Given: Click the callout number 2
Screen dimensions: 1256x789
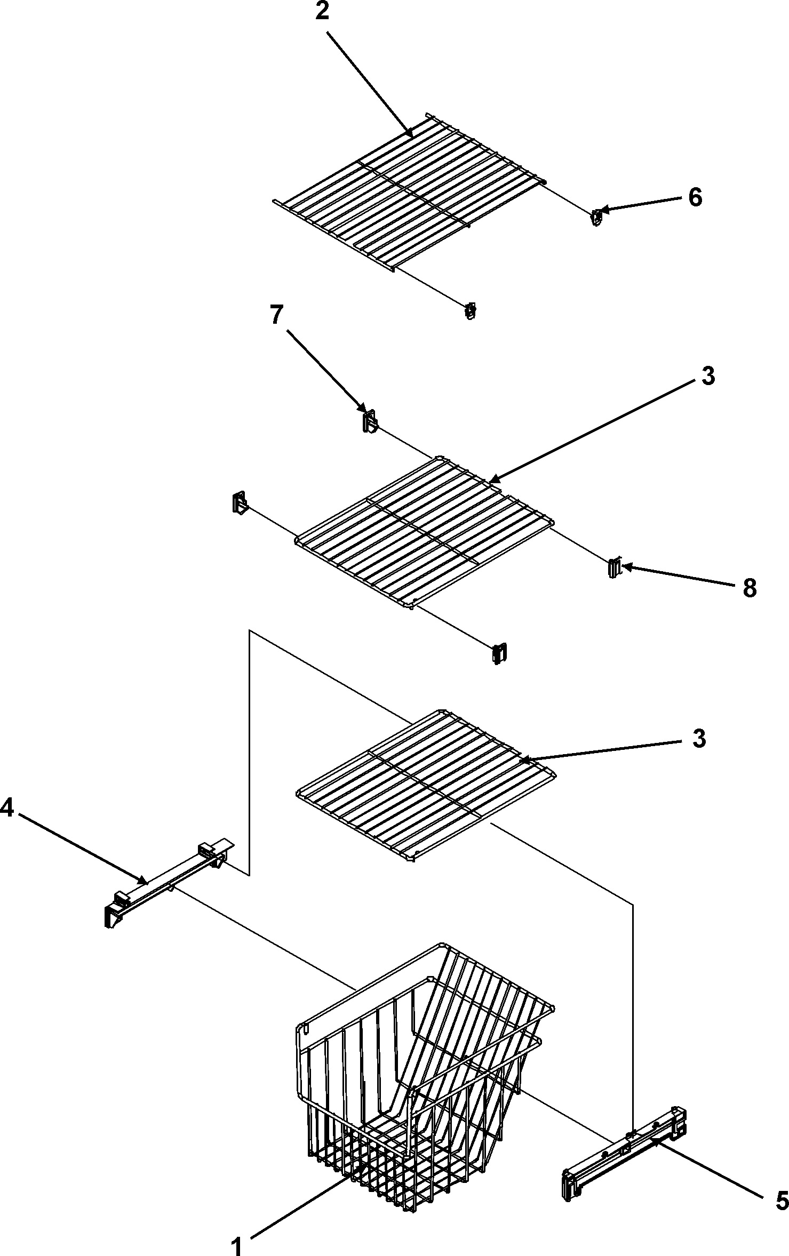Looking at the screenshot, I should coord(322,12).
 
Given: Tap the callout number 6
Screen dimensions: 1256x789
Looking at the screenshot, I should coord(695,198).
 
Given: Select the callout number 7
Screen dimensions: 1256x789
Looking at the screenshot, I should coord(276,316).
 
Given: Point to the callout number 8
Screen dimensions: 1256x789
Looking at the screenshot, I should coord(749,589).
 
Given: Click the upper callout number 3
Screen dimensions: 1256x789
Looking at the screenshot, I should coord(707,377).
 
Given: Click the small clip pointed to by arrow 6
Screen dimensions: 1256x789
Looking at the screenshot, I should coord(597,217).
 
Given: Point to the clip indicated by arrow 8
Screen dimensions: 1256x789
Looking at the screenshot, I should coord(615,567).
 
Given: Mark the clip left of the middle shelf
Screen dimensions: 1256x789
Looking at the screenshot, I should coord(240,503).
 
